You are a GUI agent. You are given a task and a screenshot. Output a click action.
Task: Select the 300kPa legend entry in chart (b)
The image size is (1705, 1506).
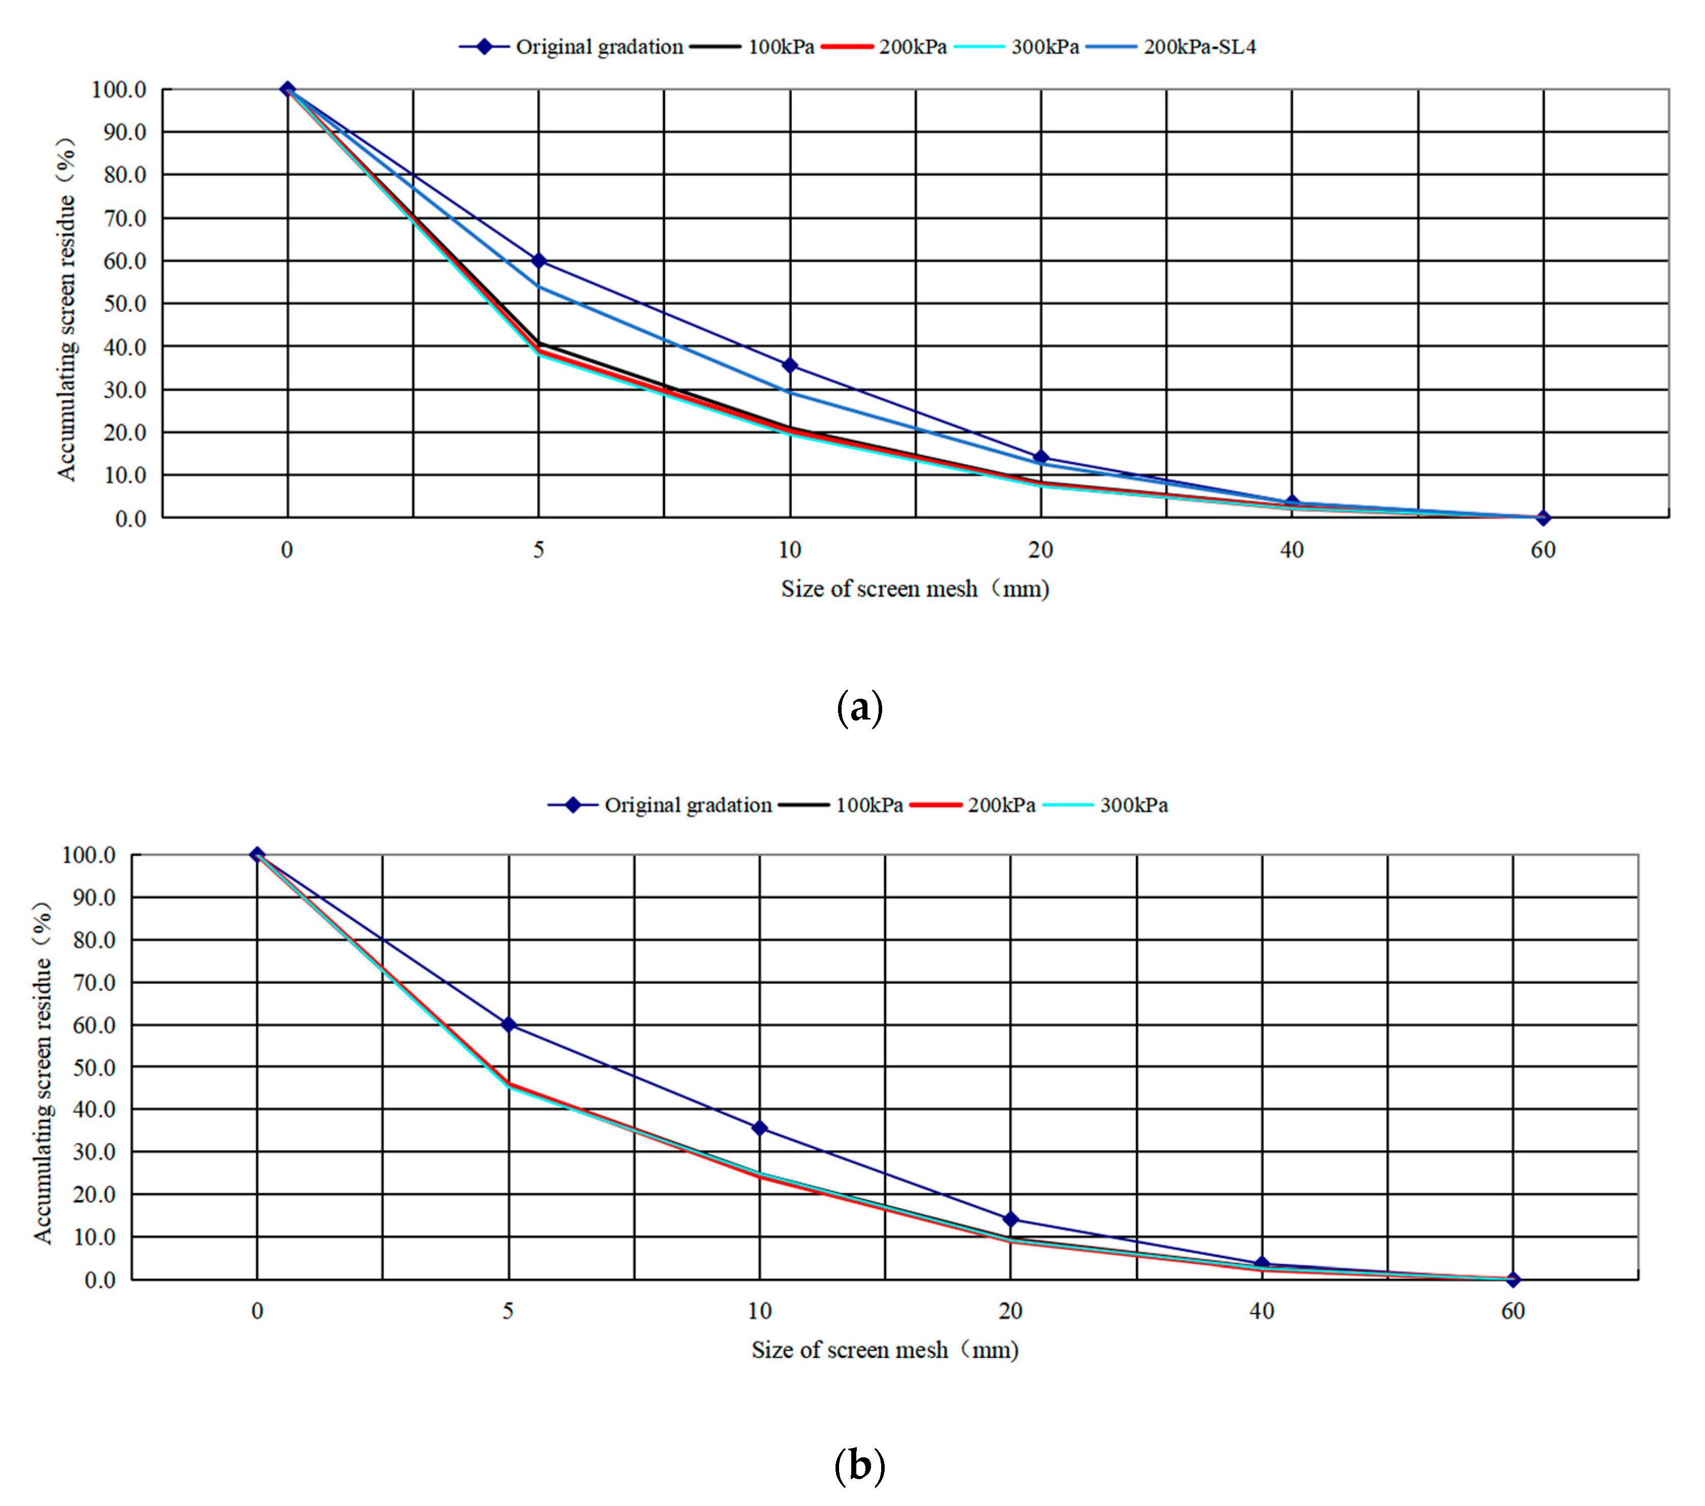pyautogui.click(x=1133, y=805)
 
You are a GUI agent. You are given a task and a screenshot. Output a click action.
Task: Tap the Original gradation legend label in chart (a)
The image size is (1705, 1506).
pyautogui.click(x=599, y=47)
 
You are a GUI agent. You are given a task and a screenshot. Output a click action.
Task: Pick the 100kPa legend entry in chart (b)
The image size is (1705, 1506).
pyautogui.click(x=869, y=805)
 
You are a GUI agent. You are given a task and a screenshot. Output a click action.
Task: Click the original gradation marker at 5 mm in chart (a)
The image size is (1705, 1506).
pyautogui.click(x=539, y=261)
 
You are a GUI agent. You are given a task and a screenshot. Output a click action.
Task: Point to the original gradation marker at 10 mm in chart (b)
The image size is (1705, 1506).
pyautogui.click(x=759, y=1128)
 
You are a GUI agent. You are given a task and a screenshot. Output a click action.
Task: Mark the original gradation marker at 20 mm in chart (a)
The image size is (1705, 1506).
pyautogui.click(x=1040, y=457)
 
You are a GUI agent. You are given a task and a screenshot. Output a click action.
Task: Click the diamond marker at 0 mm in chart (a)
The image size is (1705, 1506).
pyautogui.click(x=288, y=89)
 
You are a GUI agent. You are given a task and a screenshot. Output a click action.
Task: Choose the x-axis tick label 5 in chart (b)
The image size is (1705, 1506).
pyautogui.click(x=508, y=1311)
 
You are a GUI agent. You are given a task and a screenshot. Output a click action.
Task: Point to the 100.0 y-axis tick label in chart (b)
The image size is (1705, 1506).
pyautogui.click(x=88, y=855)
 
